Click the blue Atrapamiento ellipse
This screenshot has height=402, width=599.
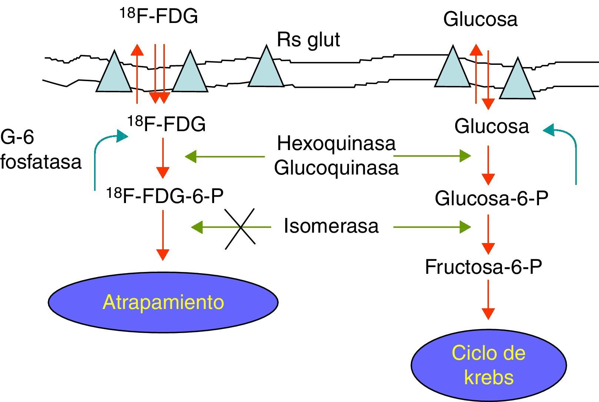click(x=163, y=302)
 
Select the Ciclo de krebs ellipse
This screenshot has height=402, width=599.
click(x=488, y=365)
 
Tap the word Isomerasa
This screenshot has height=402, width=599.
click(x=331, y=226)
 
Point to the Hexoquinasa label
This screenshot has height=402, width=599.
click(x=336, y=143)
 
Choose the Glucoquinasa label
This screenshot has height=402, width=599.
click(x=336, y=167)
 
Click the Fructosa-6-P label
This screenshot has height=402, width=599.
click(x=483, y=267)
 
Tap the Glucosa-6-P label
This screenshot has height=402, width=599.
click(x=491, y=198)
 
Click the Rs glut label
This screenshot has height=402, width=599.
click(x=308, y=40)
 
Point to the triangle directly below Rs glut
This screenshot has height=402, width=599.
click(x=266, y=69)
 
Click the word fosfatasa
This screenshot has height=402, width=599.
click(x=41, y=162)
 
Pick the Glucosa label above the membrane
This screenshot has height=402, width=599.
click(x=480, y=19)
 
